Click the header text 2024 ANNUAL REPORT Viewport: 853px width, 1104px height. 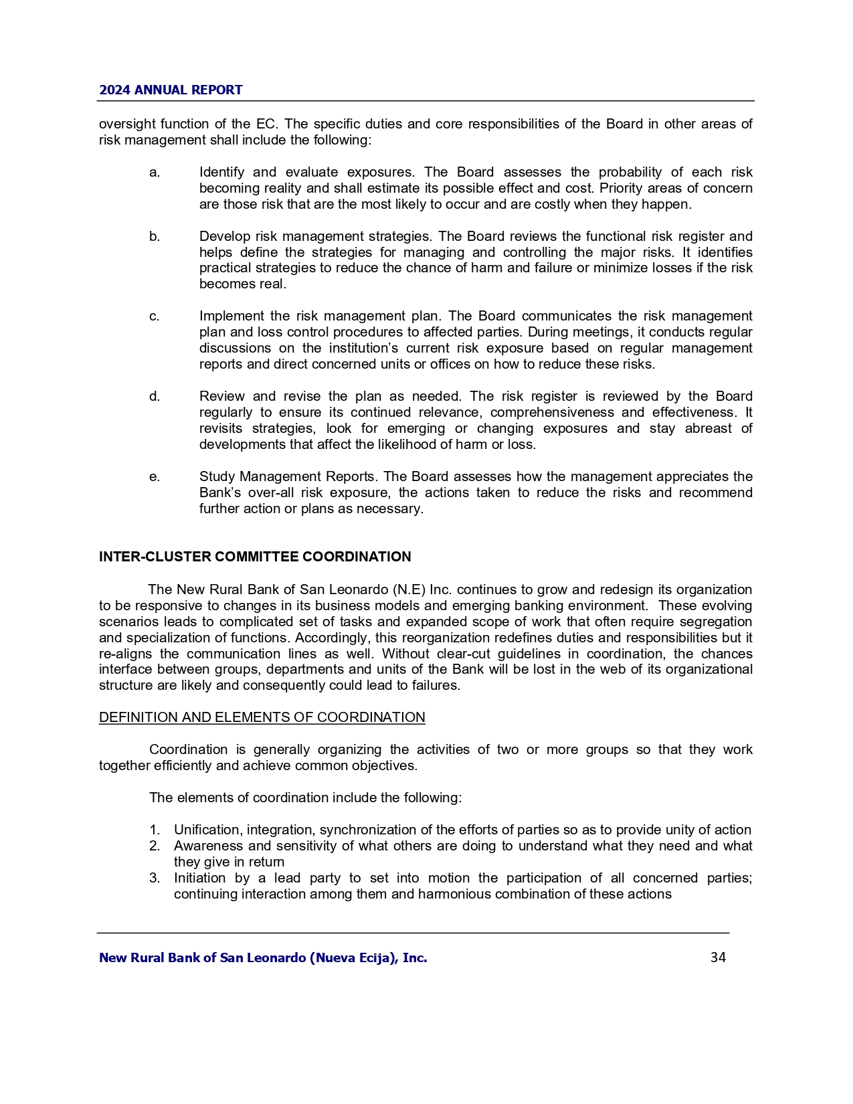[x=171, y=90]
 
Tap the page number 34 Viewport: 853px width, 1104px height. [x=718, y=957]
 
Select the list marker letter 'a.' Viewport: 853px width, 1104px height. [x=155, y=173]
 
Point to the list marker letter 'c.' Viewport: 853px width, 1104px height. [x=155, y=316]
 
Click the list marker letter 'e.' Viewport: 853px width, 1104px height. [x=155, y=477]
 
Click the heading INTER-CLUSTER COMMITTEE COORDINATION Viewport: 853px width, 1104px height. [x=255, y=557]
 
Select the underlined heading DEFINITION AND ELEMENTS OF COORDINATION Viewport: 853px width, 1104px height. [x=262, y=717]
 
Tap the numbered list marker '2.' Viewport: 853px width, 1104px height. [x=155, y=846]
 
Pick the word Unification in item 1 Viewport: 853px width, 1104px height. [x=209, y=830]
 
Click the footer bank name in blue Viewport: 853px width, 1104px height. [x=263, y=958]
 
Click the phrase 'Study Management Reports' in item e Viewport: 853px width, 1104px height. [x=288, y=477]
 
